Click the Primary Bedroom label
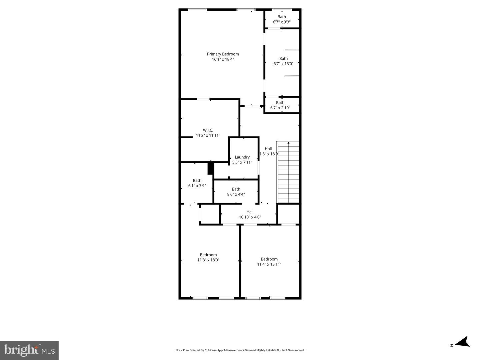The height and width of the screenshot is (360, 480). pyautogui.click(x=223, y=54)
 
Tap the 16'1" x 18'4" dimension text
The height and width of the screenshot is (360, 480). pyautogui.click(x=223, y=59)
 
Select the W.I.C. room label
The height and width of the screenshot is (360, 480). pyautogui.click(x=208, y=130)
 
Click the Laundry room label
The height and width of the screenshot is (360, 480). pyautogui.click(x=242, y=157)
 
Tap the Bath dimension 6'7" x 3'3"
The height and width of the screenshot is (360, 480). pyautogui.click(x=282, y=22)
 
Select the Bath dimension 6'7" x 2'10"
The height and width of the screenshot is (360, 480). pyautogui.click(x=280, y=108)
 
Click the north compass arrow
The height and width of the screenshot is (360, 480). pyautogui.click(x=463, y=342)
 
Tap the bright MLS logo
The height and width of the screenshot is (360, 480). pyautogui.click(x=29, y=350)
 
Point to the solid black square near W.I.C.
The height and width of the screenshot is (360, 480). pyautogui.click(x=210, y=168)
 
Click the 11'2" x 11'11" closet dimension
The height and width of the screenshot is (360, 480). pyautogui.click(x=208, y=136)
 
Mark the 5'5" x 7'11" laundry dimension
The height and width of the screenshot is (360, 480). pyautogui.click(x=242, y=163)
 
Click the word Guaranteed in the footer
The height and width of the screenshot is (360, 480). pyautogui.click(x=296, y=350)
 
